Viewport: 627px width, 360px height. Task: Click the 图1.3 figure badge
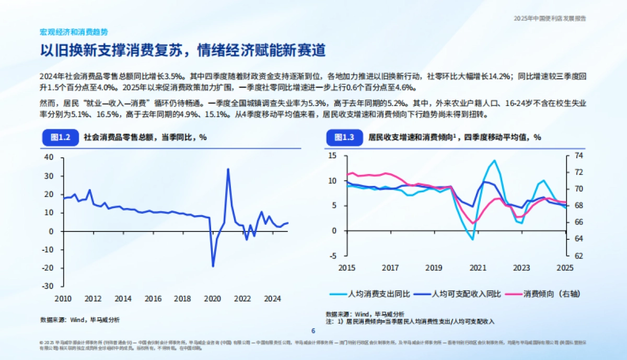pyautogui.click(x=343, y=137)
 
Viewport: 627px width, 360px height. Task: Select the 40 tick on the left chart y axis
pyautogui.click(x=49, y=157)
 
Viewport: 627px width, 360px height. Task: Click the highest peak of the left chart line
pyautogui.click(x=228, y=169)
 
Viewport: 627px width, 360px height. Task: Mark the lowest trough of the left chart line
pyautogui.click(x=213, y=266)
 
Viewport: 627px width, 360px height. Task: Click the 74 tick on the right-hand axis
pyautogui.click(x=578, y=156)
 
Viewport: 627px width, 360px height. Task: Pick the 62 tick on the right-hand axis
pyautogui.click(x=578, y=256)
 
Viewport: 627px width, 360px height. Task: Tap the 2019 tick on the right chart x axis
pyautogui.click(x=434, y=268)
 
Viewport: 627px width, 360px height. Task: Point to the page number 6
pyautogui.click(x=313, y=330)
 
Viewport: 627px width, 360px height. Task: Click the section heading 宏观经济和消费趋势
pyautogui.click(x=74, y=32)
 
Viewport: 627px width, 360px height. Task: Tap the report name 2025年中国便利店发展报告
pyautogui.click(x=550, y=18)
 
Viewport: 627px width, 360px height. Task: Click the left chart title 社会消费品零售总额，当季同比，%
pyautogui.click(x=145, y=137)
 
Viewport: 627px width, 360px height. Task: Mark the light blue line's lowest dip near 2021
pyautogui.click(x=472, y=239)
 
